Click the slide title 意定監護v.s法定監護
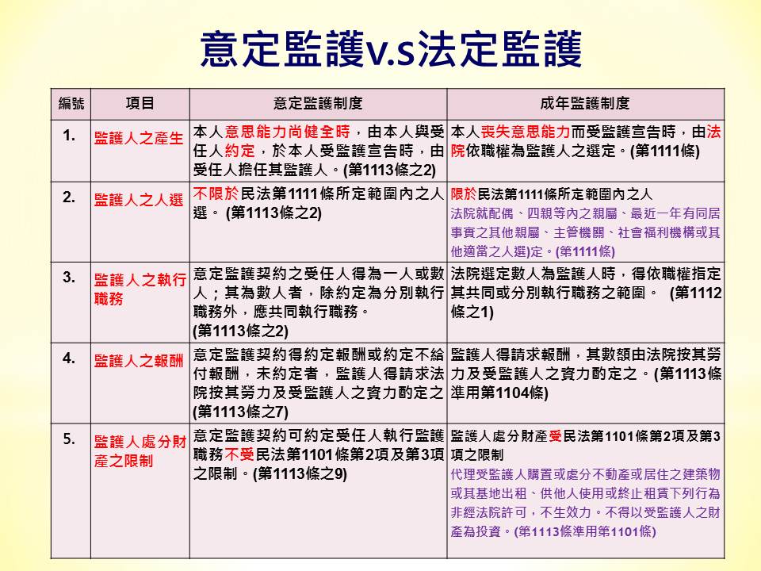[391, 48]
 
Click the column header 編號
[71, 103]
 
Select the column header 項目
[140, 103]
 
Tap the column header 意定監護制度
[318, 103]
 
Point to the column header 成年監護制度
[585, 103]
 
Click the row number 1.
[69, 136]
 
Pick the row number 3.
[69, 278]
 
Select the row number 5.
[69, 439]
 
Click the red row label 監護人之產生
[139, 138]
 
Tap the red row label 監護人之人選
[139, 200]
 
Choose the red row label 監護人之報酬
[139, 361]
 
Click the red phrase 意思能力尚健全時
[287, 132]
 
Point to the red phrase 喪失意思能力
[526, 132]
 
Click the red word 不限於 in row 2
[216, 194]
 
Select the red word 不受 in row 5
[239, 454]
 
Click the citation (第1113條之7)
[241, 412]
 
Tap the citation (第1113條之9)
[300, 474]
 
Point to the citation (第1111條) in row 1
[665, 151]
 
